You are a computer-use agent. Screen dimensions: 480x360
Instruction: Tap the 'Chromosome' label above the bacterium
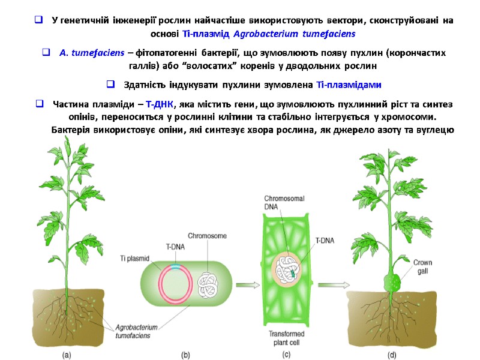(205, 235)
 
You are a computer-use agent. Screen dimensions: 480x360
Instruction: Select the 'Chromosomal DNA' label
(283, 203)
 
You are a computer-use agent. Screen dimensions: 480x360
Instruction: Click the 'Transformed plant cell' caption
(287, 338)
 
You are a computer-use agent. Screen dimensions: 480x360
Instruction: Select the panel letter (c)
(287, 354)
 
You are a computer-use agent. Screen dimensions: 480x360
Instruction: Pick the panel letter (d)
(392, 354)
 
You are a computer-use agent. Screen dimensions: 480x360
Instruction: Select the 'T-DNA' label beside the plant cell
(325, 241)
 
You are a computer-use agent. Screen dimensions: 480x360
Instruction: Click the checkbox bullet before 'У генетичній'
(38, 21)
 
